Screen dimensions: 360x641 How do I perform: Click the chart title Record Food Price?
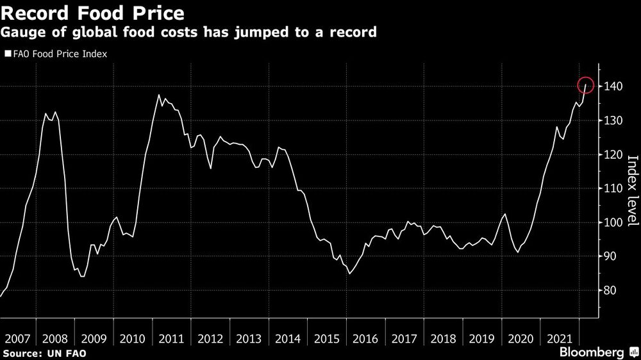(94, 12)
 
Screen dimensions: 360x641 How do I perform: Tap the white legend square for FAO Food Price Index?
(8, 54)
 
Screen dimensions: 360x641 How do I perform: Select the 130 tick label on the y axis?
(612, 120)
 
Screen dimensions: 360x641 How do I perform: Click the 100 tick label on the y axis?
(612, 222)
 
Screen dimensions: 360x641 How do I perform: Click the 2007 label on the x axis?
(18, 338)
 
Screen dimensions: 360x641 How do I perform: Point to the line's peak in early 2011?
(158, 95)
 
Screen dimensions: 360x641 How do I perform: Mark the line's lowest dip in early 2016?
(349, 274)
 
